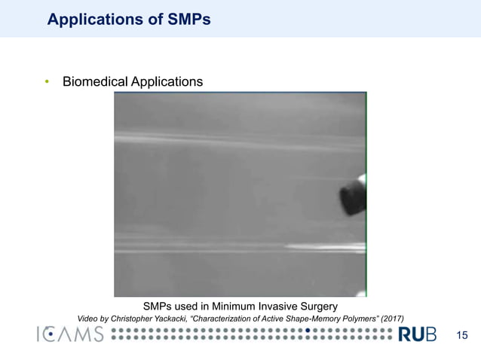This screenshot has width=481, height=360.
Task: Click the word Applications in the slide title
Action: (90, 20)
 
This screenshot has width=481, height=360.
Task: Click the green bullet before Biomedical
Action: (46, 81)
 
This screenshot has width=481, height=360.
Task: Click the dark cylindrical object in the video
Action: (352, 196)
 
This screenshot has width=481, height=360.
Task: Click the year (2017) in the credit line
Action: (391, 319)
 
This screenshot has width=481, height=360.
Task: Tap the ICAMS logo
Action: (69, 335)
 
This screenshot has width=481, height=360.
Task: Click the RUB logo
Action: (418, 335)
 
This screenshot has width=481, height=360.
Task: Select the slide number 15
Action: (462, 335)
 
